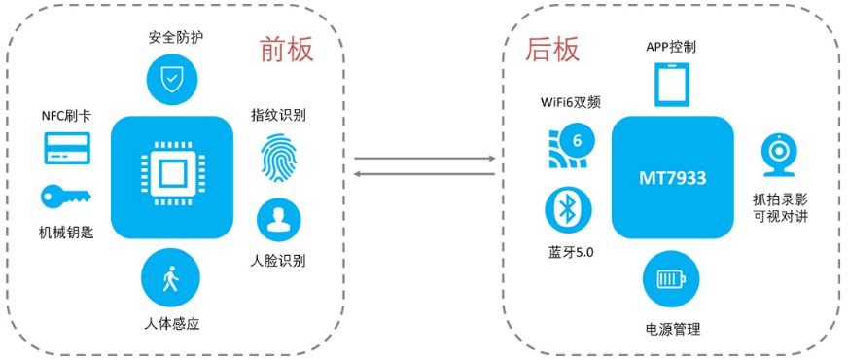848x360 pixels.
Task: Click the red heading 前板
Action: [283, 52]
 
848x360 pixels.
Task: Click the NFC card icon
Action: [67, 148]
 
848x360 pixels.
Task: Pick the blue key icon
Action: [65, 198]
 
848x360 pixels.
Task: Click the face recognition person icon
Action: [279, 220]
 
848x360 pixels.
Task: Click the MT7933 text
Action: [672, 178]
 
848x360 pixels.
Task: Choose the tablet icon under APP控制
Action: [670, 84]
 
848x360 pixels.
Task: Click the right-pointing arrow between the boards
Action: [424, 159]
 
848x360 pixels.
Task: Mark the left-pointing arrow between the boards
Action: [424, 174]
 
